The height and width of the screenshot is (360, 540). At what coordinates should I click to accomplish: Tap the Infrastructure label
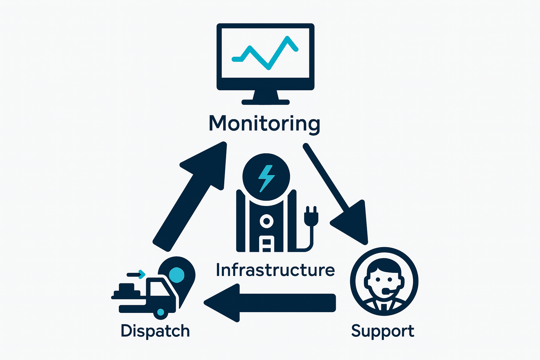click(275, 270)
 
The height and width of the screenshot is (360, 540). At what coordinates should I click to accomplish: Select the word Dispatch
click(155, 331)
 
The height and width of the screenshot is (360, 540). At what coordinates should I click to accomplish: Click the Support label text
click(382, 331)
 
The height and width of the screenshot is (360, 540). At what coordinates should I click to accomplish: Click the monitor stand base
click(265, 102)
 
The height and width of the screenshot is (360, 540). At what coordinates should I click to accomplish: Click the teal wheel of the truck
click(161, 312)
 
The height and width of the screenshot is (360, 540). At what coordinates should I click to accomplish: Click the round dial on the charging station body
click(266, 221)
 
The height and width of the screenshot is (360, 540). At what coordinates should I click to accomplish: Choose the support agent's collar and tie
click(384, 305)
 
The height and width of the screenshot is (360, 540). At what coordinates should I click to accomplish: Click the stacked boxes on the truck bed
click(127, 289)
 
